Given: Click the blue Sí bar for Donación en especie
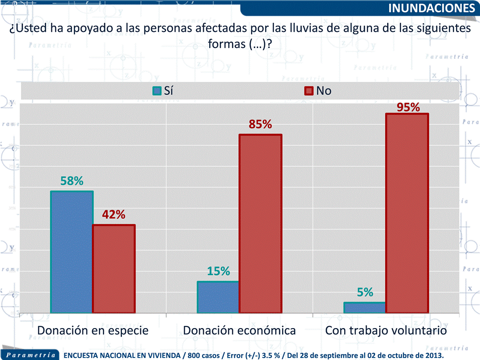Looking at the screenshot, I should pyautogui.click(x=72, y=252).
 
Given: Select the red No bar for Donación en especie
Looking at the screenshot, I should pyautogui.click(x=114, y=269).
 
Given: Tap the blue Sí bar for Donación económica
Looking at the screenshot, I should pyautogui.click(x=218, y=297).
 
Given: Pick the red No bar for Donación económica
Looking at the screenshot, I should pyautogui.click(x=261, y=224).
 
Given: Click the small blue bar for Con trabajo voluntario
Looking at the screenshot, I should pyautogui.click(x=365, y=308).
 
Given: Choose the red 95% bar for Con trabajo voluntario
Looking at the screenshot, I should pyautogui.click(x=407, y=213).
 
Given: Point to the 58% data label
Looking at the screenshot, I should pyautogui.click(x=72, y=181).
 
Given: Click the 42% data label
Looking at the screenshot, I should pyautogui.click(x=114, y=215).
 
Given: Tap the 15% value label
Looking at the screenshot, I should pyautogui.click(x=218, y=271).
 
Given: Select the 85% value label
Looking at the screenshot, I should pyautogui.click(x=261, y=124).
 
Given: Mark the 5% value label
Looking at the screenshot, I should pyautogui.click(x=365, y=293).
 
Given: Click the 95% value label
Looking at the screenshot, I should pyautogui.click(x=408, y=107).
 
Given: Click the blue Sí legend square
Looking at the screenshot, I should pyautogui.click(x=156, y=91).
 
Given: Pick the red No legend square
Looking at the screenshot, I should pyautogui.click(x=308, y=91).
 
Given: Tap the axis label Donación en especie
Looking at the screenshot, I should pyautogui.click(x=93, y=331).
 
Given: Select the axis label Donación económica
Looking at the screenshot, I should pyautogui.click(x=239, y=331).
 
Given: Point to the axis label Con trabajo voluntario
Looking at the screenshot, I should pyautogui.click(x=386, y=331).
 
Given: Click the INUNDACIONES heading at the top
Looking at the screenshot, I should pyautogui.click(x=431, y=8).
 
